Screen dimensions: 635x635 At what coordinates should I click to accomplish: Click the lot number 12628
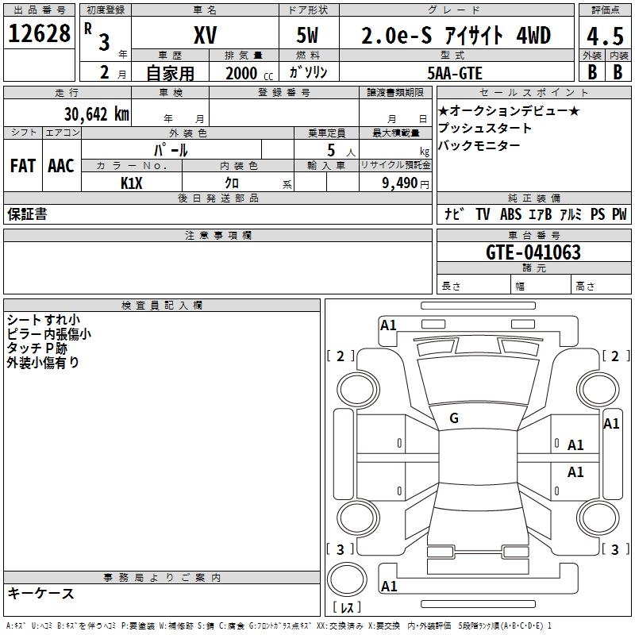(x=40, y=34)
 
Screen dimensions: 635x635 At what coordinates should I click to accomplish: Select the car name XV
(x=204, y=35)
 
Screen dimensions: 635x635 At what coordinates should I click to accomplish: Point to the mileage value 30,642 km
(x=96, y=114)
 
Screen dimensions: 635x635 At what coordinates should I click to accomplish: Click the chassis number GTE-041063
(x=533, y=252)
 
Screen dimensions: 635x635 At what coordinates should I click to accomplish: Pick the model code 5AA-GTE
(x=455, y=72)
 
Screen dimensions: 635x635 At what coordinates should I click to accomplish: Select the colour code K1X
(x=132, y=182)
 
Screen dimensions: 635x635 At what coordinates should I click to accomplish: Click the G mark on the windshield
(x=454, y=418)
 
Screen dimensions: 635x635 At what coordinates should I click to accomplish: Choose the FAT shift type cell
(x=22, y=165)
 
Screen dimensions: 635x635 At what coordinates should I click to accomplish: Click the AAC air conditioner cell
(x=60, y=165)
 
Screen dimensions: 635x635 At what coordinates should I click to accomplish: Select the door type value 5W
(x=308, y=35)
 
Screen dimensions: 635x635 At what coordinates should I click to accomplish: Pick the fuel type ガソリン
(x=308, y=72)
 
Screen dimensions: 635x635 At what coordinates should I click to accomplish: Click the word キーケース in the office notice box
(x=40, y=593)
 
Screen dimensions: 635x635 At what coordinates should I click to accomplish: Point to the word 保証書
(x=27, y=214)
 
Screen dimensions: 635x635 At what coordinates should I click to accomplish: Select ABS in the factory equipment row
(x=510, y=214)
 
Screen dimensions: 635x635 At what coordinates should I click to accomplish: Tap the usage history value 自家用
(x=170, y=73)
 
